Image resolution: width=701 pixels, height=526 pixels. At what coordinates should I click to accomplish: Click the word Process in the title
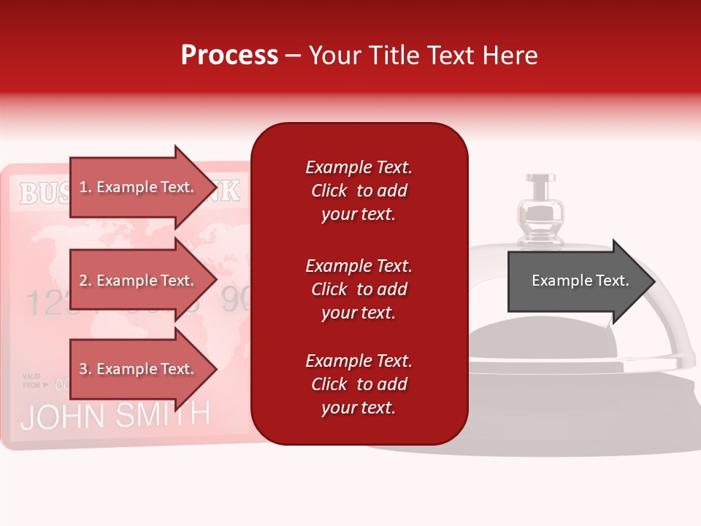(x=229, y=56)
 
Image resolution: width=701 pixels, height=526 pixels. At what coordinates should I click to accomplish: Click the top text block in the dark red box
(x=359, y=191)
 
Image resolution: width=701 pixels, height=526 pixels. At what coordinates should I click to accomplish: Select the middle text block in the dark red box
(x=359, y=289)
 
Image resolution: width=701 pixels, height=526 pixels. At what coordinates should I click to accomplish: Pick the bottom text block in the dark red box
(x=359, y=384)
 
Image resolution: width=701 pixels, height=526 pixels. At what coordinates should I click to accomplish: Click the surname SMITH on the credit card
(x=161, y=414)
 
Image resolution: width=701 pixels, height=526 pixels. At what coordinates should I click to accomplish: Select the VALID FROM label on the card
(x=32, y=380)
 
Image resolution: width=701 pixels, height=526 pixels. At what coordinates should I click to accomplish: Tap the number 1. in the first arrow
(x=85, y=187)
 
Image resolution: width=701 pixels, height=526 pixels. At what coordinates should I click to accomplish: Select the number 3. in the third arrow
(x=85, y=369)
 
